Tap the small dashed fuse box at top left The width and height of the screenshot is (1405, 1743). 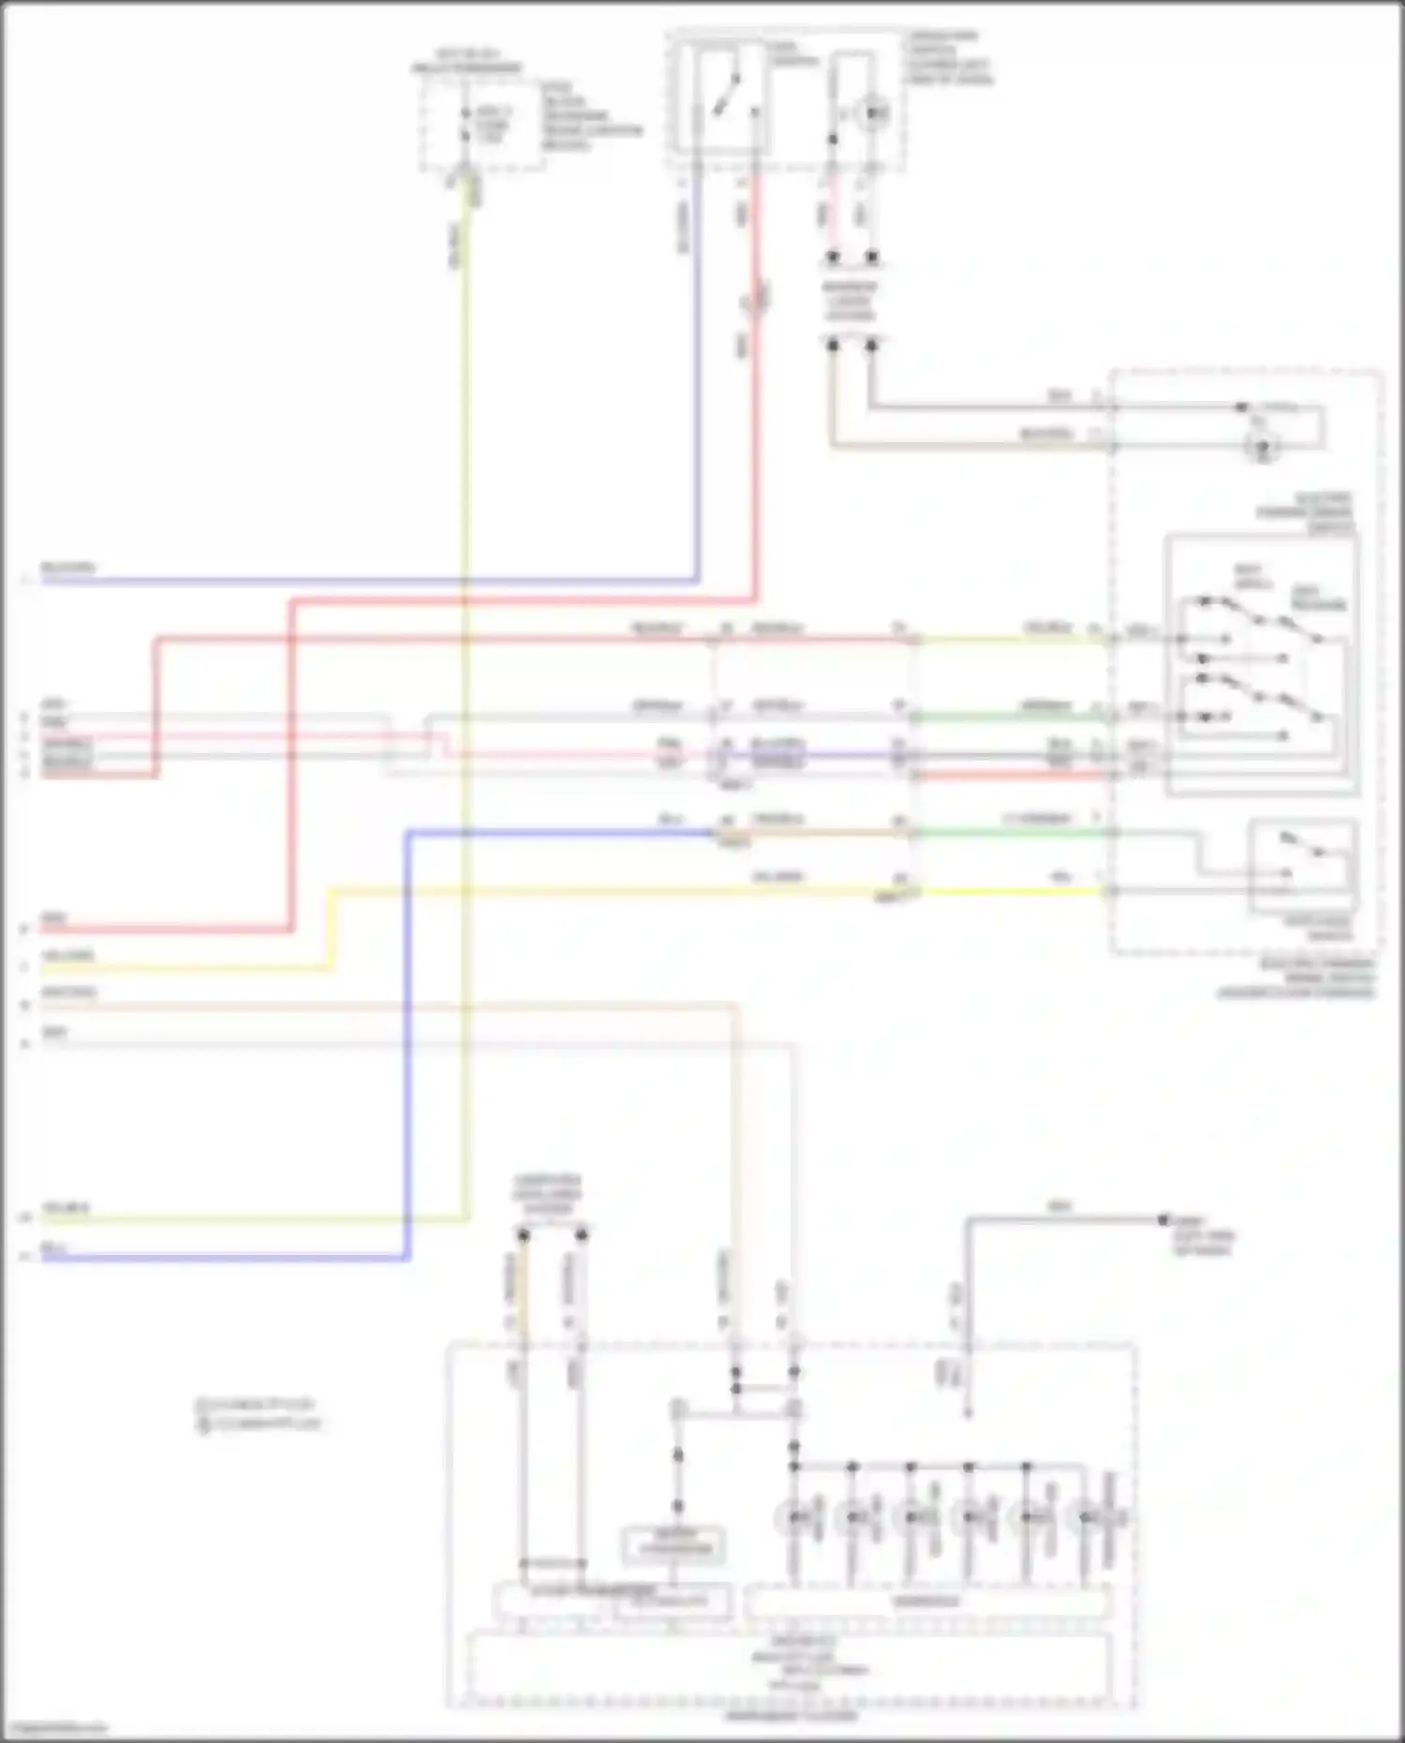click(481, 126)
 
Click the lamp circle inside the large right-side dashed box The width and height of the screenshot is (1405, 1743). click(1263, 447)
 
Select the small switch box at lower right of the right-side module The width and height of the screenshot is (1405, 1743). click(1303, 863)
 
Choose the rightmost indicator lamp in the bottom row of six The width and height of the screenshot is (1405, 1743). click(1087, 1517)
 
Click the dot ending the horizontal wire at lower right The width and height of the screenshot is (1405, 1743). click(1163, 1219)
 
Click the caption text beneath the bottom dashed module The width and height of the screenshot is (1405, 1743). click(791, 1716)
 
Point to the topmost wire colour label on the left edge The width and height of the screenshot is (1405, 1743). click(67, 569)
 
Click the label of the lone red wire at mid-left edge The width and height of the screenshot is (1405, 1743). click(54, 920)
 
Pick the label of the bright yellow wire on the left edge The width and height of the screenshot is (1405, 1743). click(67, 956)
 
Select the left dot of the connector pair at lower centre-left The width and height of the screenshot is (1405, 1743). click(524, 1235)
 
